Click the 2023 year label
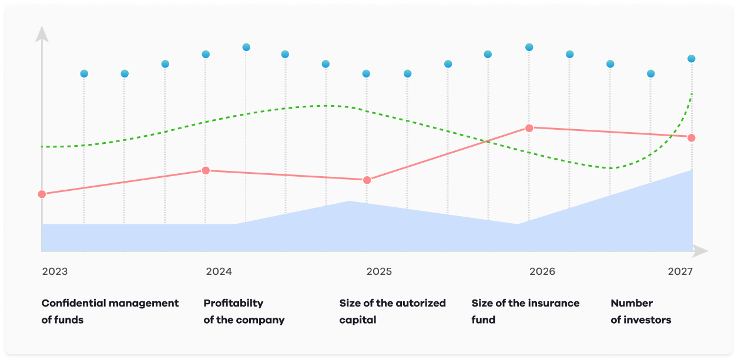pyautogui.click(x=55, y=272)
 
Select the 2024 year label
pyautogui.click(x=219, y=272)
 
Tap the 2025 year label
pyautogui.click(x=379, y=272)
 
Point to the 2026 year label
pyautogui.click(x=542, y=272)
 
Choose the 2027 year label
pyautogui.click(x=680, y=272)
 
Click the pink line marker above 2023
pyautogui.click(x=42, y=194)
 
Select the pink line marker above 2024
pyautogui.click(x=206, y=170)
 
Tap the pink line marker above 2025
pyautogui.click(x=367, y=180)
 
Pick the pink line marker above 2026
pyautogui.click(x=529, y=127)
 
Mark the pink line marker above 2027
pyautogui.click(x=692, y=137)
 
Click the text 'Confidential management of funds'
pyautogui.click(x=110, y=311)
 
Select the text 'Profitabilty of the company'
pyautogui.click(x=244, y=311)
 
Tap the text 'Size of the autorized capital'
pyautogui.click(x=393, y=311)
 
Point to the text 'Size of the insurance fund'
pyautogui.click(x=525, y=311)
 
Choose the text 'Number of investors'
pyautogui.click(x=640, y=311)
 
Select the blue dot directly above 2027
pyautogui.click(x=692, y=59)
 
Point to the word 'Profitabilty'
pyautogui.click(x=233, y=303)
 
